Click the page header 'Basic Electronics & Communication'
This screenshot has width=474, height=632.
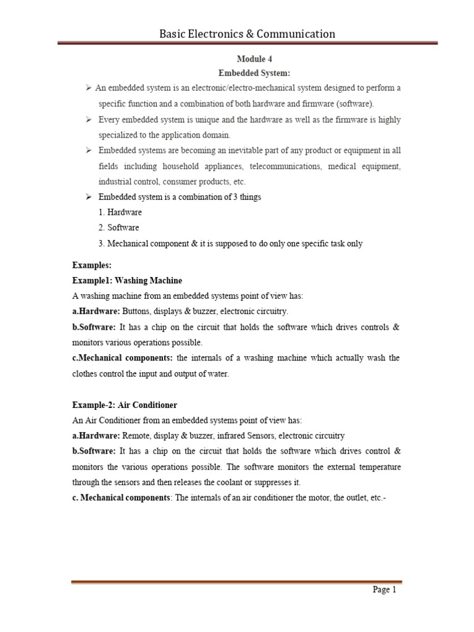[x=247, y=34]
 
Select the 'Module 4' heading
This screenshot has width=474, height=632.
[x=254, y=59]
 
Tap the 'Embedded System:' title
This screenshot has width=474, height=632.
[x=254, y=73]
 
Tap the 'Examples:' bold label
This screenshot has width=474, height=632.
[x=92, y=265]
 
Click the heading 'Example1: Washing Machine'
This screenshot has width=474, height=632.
[x=127, y=281]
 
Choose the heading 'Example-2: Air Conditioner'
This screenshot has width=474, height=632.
[x=125, y=405]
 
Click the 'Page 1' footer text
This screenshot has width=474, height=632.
[x=385, y=590]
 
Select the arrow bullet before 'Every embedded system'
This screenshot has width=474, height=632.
[x=89, y=119]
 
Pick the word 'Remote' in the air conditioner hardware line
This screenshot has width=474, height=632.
[x=136, y=436]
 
